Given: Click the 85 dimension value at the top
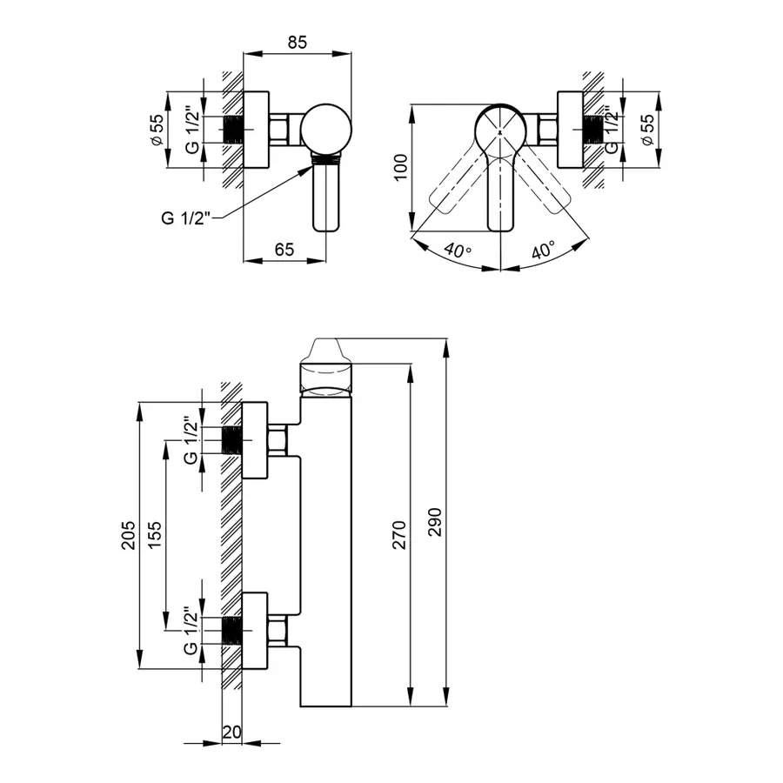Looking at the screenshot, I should [x=297, y=41].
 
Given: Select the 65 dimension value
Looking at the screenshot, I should [x=284, y=249].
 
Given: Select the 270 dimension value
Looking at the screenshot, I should [x=399, y=533].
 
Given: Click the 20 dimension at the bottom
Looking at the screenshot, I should [x=231, y=733].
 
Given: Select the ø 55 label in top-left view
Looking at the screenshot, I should [x=157, y=130].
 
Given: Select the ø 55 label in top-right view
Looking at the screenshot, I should [x=646, y=130].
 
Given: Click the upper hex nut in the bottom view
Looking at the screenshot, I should [x=278, y=440].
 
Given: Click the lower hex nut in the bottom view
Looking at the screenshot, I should [x=278, y=630].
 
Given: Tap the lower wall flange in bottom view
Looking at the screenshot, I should [x=255, y=631].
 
